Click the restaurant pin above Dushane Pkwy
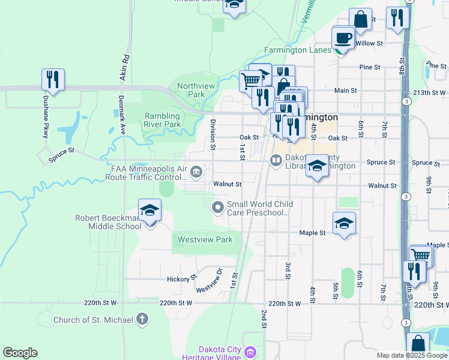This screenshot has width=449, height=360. click(x=53, y=80)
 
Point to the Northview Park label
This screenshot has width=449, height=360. click(x=196, y=90)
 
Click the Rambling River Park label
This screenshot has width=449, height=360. click(x=170, y=120)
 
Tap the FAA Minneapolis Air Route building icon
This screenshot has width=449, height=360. click(x=196, y=173)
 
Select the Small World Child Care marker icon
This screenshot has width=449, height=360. click(x=218, y=207)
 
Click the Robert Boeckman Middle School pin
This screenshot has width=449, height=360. click(x=149, y=211)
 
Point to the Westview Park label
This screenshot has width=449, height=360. click(x=203, y=239)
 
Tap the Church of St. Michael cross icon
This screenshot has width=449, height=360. click(x=142, y=319)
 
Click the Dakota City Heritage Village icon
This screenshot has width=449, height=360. click(x=252, y=350)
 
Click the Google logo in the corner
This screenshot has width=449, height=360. click(x=20, y=353)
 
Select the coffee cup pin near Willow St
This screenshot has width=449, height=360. click(x=343, y=38)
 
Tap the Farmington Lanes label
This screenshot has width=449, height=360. click(x=298, y=50)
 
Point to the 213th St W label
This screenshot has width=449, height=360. click(x=429, y=93)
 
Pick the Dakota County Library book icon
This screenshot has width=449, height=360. click(x=276, y=160)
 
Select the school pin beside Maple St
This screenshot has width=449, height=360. click(x=344, y=223)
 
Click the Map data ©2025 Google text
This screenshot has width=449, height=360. click(x=411, y=355)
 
